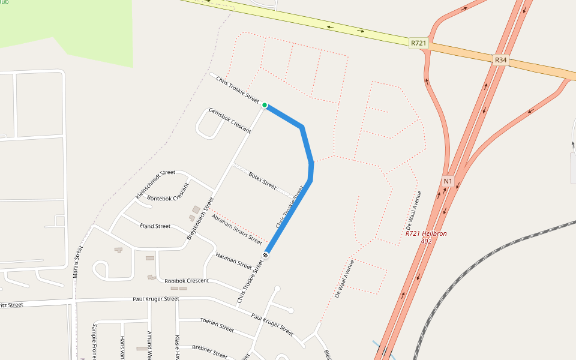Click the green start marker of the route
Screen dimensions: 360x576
coord(265,105)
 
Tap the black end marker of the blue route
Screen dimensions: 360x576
coord(265,256)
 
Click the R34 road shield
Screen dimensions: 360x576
coord(500,60)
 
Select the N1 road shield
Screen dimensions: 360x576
coord(448,181)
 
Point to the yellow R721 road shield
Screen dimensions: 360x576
coord(419,43)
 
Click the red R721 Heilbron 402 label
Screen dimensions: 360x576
coord(426,237)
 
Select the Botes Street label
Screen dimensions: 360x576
coord(262,181)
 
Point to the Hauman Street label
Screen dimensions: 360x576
coord(233,260)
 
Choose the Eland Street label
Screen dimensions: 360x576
coord(155,226)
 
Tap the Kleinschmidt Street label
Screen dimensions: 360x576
coord(155,184)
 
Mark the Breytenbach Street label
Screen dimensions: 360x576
coord(200,218)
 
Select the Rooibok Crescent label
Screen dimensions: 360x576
coord(187,281)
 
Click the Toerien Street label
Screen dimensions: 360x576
coord(217,325)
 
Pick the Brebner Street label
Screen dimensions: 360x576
coord(209,351)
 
